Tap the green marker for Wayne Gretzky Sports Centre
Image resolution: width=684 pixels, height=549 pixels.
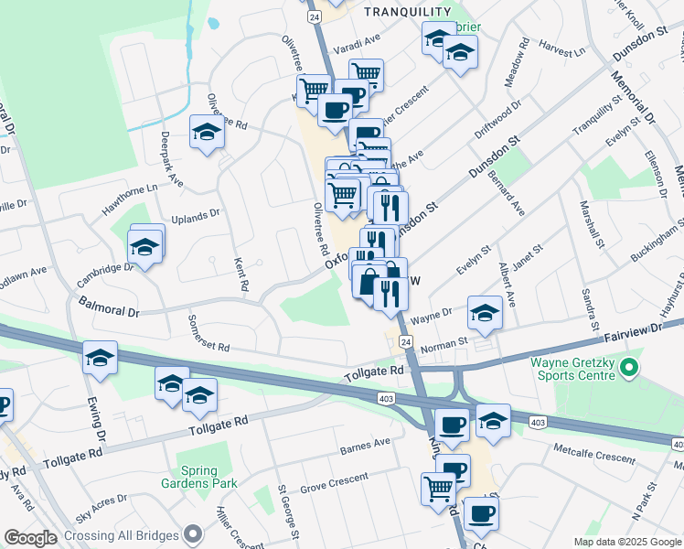click(627, 370)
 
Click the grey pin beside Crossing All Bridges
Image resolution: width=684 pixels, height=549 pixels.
click(192, 533)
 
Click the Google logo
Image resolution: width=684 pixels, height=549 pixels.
click(30, 538)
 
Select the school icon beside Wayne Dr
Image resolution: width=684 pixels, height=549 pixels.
click(484, 312)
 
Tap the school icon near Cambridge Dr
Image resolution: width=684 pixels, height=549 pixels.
click(144, 247)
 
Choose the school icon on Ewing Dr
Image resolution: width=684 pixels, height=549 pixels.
click(100, 358)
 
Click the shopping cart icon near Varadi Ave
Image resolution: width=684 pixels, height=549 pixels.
click(366, 72)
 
